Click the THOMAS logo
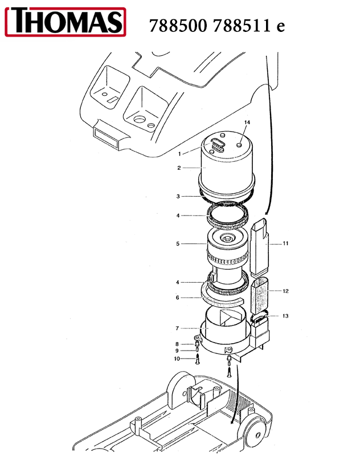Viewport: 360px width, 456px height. [66, 22]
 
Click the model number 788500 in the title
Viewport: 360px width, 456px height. [178, 26]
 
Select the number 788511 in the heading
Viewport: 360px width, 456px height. [242, 26]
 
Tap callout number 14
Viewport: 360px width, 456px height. [247, 123]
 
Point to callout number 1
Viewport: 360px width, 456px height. [179, 154]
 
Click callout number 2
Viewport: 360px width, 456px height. [179, 168]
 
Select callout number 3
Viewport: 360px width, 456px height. [178, 196]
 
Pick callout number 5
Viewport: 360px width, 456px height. [178, 244]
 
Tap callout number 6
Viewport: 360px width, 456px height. [178, 298]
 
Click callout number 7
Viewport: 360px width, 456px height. [177, 328]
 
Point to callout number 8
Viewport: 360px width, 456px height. [177, 344]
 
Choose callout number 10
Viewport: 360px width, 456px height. [177, 359]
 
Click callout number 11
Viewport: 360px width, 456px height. [285, 243]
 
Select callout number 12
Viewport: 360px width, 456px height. [285, 291]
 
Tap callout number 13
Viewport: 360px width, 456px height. [285, 316]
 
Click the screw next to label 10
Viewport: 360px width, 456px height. [198, 359]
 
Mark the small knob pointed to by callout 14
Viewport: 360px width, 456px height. [239, 145]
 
